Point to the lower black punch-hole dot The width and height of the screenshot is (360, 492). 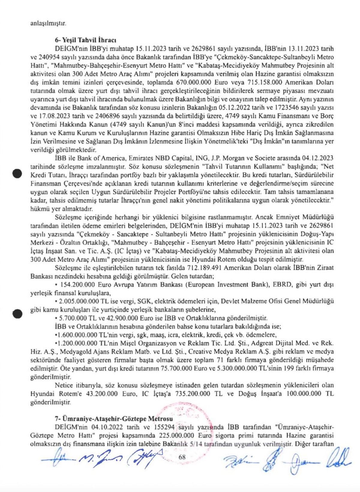18,312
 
